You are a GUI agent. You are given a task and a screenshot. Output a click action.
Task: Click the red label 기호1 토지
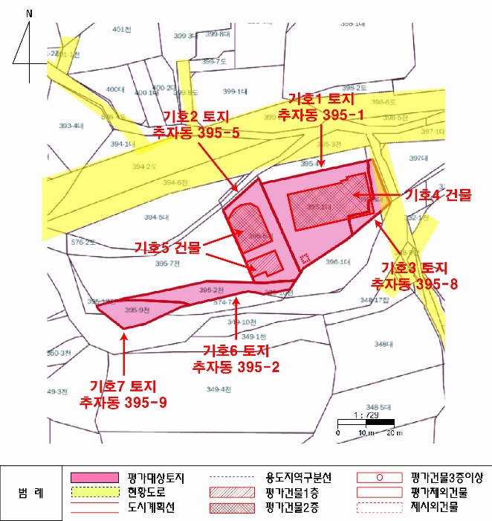point(320,100)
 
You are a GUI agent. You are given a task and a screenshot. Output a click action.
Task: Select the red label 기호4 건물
point(437,195)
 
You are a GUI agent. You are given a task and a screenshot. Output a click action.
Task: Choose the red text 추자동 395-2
point(236,365)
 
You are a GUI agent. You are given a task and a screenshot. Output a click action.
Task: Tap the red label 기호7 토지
point(123,387)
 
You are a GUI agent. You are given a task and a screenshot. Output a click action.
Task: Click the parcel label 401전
point(121,29)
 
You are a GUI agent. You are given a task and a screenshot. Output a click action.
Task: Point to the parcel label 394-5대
point(157,217)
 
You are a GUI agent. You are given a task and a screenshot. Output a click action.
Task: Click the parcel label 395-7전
point(167,263)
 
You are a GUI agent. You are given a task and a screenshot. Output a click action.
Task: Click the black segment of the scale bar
point(380,423)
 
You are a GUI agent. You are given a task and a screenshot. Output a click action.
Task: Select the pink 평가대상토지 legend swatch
point(94,477)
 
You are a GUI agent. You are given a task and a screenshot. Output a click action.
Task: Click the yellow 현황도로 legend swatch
point(94,492)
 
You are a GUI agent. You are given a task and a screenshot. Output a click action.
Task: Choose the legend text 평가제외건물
point(438,492)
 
